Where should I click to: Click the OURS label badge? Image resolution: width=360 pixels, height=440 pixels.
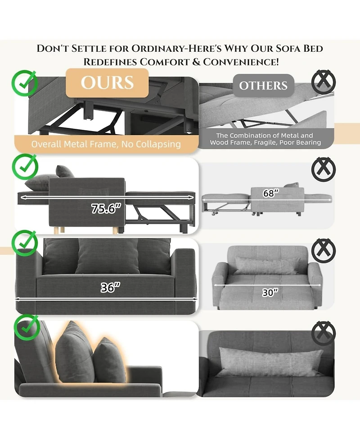(107, 83)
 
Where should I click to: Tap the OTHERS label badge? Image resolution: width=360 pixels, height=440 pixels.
(263, 86)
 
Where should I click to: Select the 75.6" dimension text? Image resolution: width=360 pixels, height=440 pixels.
(106, 208)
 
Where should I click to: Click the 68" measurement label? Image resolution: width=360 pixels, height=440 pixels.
(271, 193)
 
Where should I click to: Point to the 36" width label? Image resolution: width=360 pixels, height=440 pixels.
(110, 287)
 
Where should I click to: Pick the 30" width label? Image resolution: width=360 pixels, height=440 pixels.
(270, 292)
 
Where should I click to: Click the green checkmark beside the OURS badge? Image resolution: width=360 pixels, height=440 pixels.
(25, 83)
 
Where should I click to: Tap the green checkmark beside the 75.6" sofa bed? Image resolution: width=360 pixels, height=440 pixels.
(25, 167)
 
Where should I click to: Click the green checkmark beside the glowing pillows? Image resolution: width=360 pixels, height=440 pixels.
(27, 327)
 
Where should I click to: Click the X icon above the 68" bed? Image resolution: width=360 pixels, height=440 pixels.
(324, 169)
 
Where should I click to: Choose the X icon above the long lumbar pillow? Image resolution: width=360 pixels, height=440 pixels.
(324, 333)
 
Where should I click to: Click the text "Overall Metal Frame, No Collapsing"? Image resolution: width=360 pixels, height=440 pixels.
(106, 144)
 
